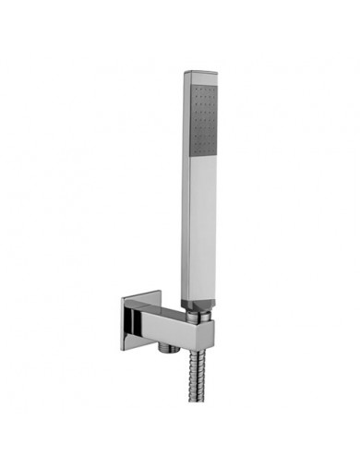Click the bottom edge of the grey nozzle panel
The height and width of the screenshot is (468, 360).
(x=205, y=153)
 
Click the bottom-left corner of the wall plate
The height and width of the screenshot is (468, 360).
(x=123, y=349)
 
